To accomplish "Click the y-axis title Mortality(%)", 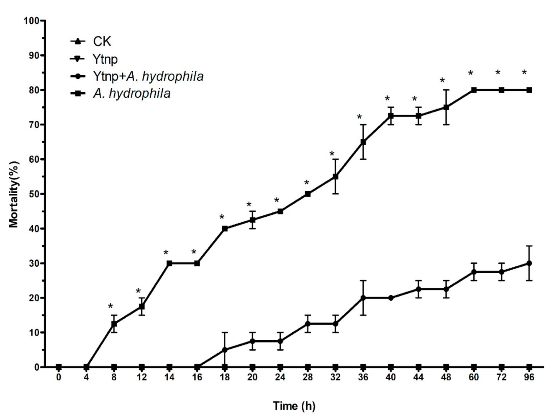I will pos(13,194).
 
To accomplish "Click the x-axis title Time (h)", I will pos(294,406).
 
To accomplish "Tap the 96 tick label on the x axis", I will pos(529,377).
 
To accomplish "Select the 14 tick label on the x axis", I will pos(169,377).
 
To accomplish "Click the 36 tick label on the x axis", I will pos(363,377).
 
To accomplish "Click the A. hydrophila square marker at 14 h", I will pos(169,263).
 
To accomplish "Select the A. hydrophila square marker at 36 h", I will pos(363,142).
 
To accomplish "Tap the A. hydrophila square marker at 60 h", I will pos(473,90).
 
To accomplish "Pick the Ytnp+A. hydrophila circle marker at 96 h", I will pos(529,263).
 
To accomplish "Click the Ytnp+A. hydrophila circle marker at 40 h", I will pos(390,298).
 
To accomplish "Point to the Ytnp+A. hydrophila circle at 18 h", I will pos(225,350).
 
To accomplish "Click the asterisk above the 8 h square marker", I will pos(110,306).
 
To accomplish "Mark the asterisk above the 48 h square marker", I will pos(442,81).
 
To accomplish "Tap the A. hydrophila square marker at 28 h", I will pos(308,194).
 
